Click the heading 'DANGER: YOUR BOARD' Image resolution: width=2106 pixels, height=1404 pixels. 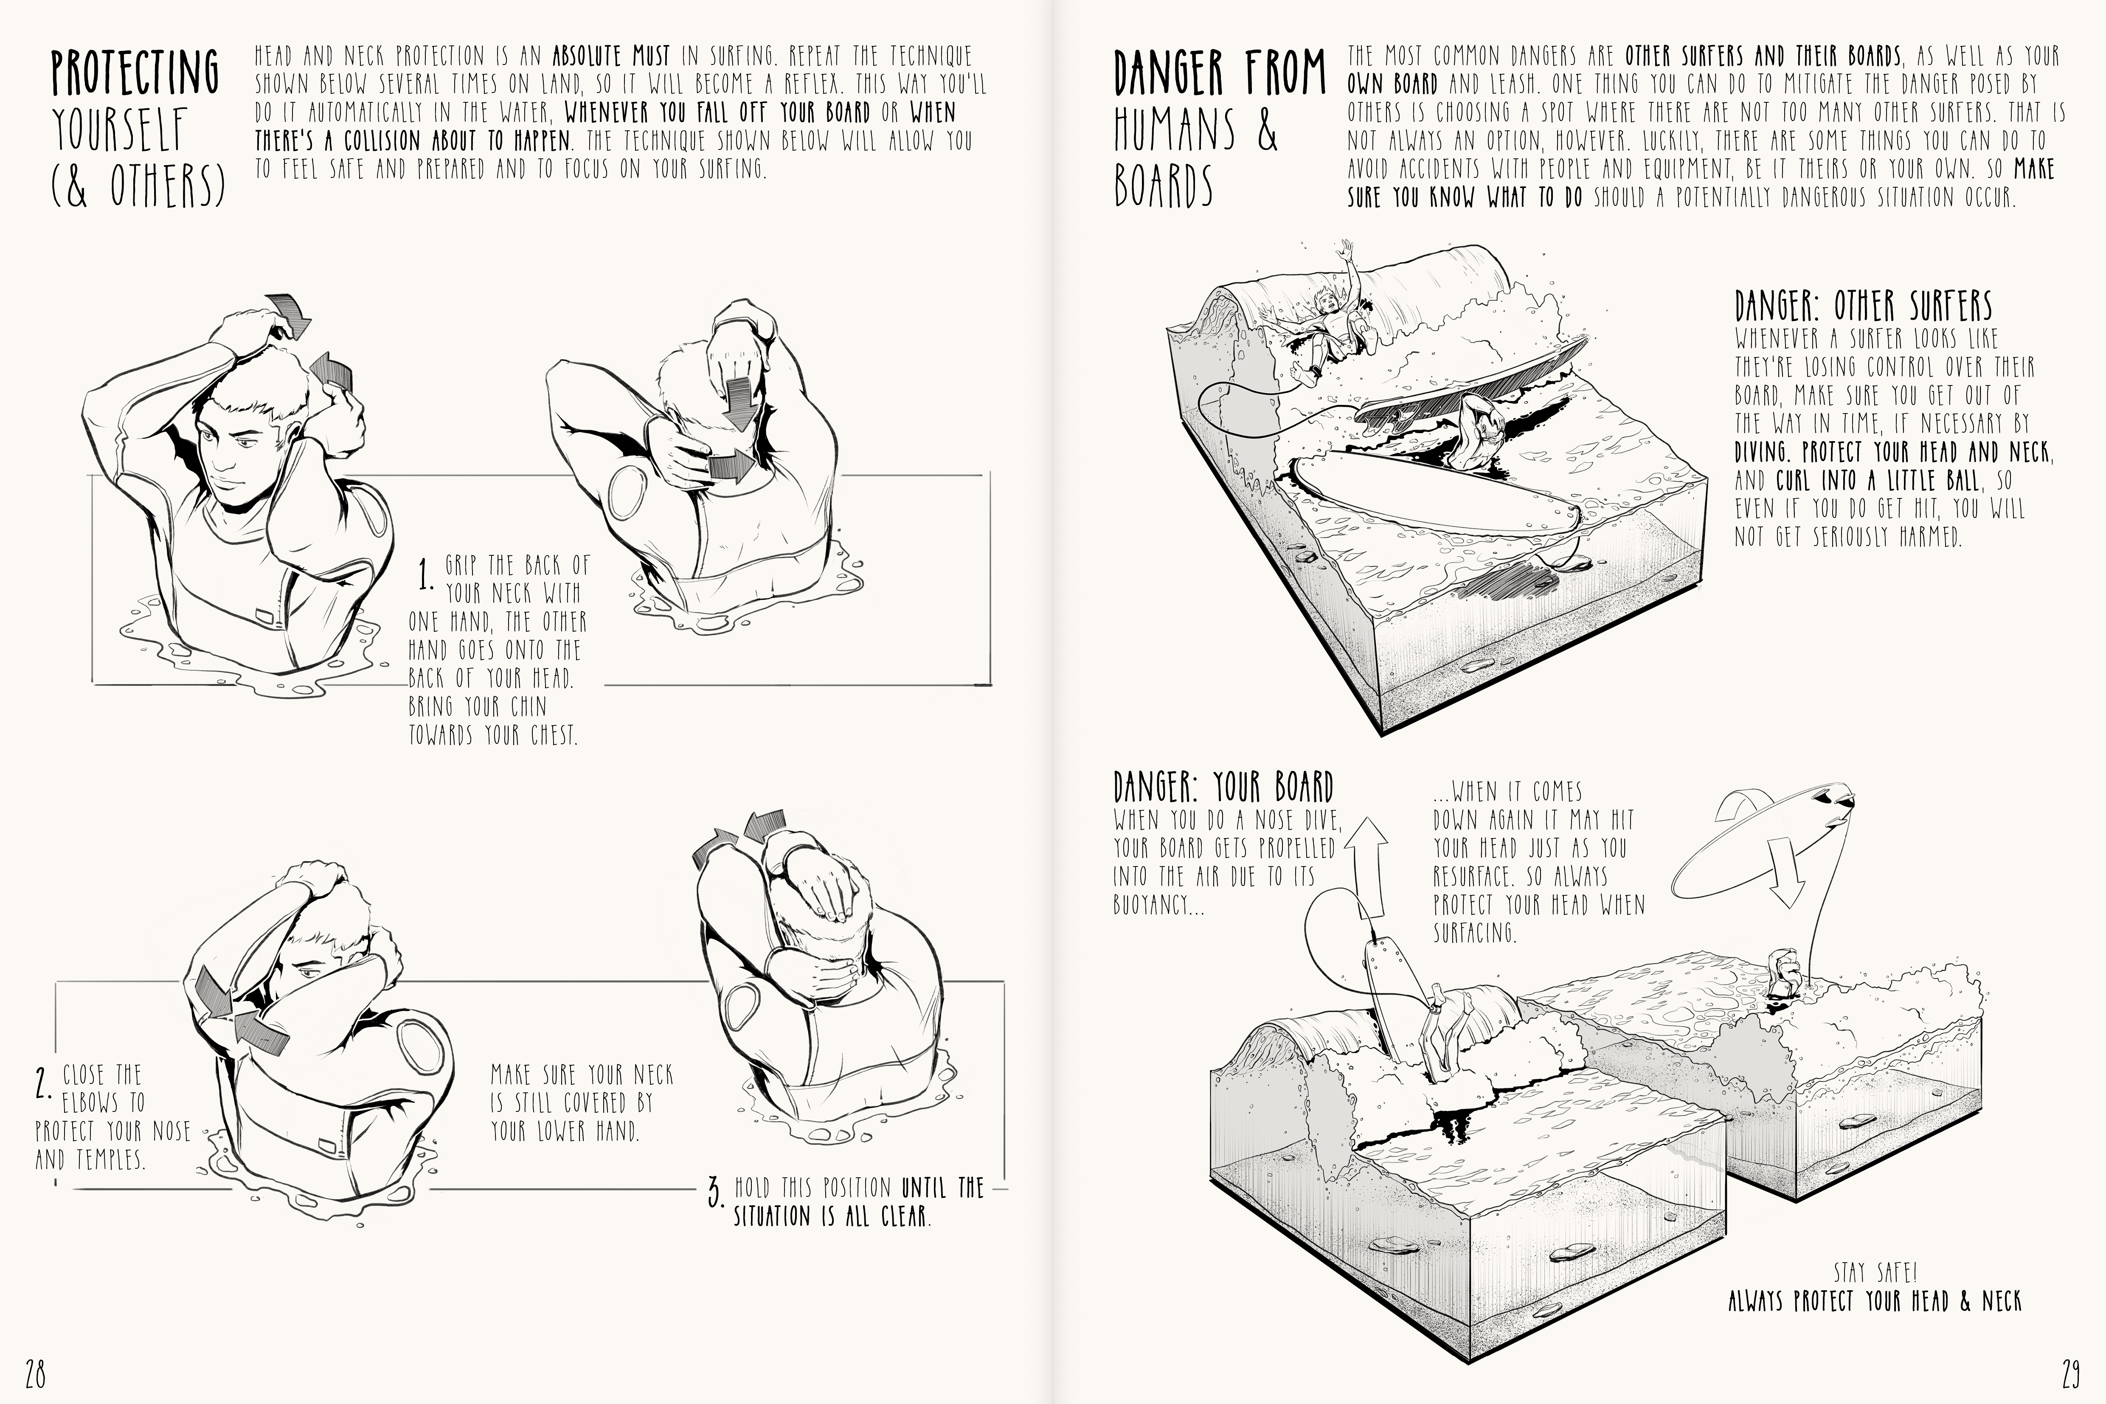pyautogui.click(x=1223, y=787)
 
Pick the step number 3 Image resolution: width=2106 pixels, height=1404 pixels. pyautogui.click(x=714, y=1193)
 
